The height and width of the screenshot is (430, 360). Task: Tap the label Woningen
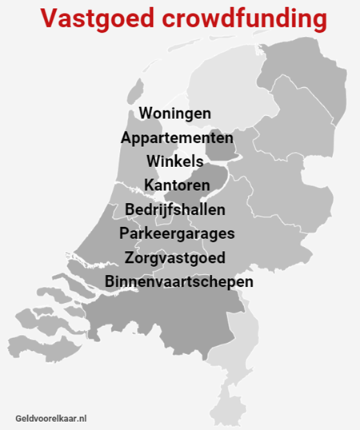[175, 113]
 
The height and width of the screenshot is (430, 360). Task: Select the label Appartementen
[177, 138]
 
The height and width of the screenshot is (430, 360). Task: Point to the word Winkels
[175, 162]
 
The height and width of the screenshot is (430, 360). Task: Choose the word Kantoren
[177, 186]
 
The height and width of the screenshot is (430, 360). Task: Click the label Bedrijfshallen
[175, 210]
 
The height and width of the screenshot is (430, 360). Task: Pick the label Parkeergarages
[177, 234]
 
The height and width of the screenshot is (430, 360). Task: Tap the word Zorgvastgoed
[175, 258]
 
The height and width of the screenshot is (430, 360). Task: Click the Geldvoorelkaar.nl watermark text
[50, 417]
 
